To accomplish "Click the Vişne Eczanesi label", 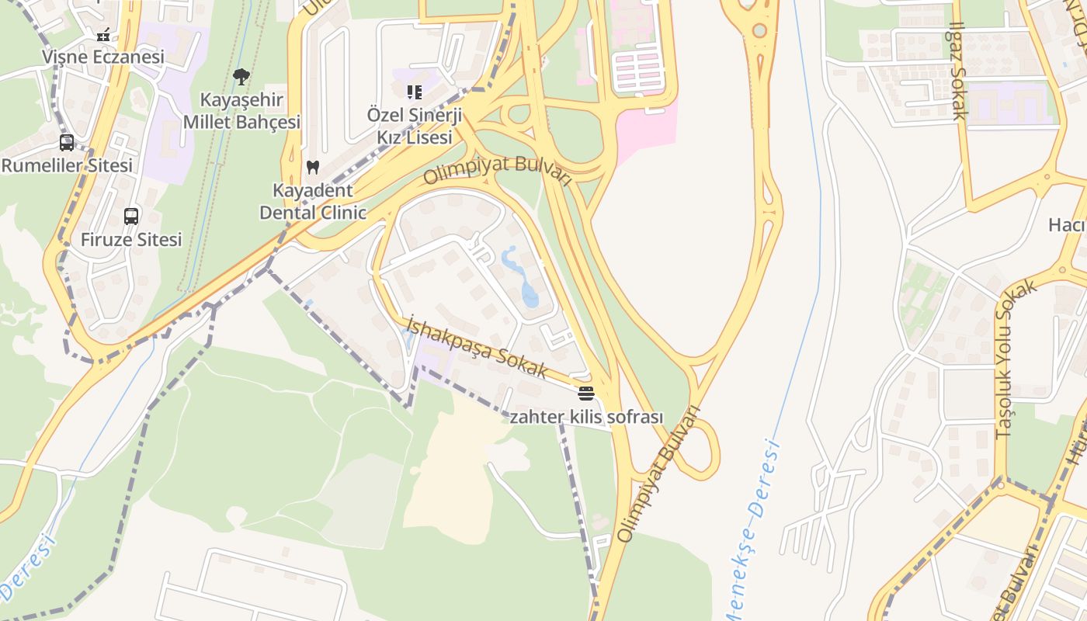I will [103, 57].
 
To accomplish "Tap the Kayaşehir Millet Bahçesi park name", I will [241, 111].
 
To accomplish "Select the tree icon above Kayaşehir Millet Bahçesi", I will [241, 76].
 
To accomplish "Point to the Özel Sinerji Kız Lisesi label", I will [415, 126].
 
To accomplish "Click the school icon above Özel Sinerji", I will [415, 92].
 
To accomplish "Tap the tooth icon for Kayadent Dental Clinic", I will [313, 167].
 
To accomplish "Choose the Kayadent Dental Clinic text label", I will [313, 201].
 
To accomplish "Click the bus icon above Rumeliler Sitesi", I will [67, 143].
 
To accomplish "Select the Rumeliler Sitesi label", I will [67, 165].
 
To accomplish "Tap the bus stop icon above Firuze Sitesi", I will [131, 217].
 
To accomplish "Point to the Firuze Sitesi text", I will [131, 239].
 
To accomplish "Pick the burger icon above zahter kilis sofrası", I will [585, 393].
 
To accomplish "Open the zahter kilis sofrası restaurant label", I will [586, 417].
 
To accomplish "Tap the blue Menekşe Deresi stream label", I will [753, 528].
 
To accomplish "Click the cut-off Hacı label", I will [1067, 225].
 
